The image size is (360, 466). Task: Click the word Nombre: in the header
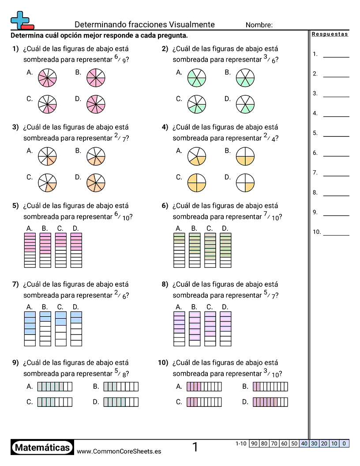coord(259,25)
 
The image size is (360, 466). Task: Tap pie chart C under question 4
coord(197,182)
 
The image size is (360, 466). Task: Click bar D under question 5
coord(76,250)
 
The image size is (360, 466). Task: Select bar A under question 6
coord(179,250)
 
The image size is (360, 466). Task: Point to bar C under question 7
coord(61,329)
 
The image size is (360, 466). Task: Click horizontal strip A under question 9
coord(55,387)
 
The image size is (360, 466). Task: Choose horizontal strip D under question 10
coord(270,402)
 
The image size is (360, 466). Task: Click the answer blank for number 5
coord(336,136)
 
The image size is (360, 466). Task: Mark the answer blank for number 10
coord(336,235)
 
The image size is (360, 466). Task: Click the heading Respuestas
coord(330,34)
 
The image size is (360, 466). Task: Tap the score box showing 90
coord(254,443)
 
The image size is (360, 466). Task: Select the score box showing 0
coord(344,443)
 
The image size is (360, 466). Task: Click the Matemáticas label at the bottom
coord(42,448)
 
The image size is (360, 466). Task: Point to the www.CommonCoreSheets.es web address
coord(119,451)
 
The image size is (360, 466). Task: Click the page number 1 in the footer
coord(195,447)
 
